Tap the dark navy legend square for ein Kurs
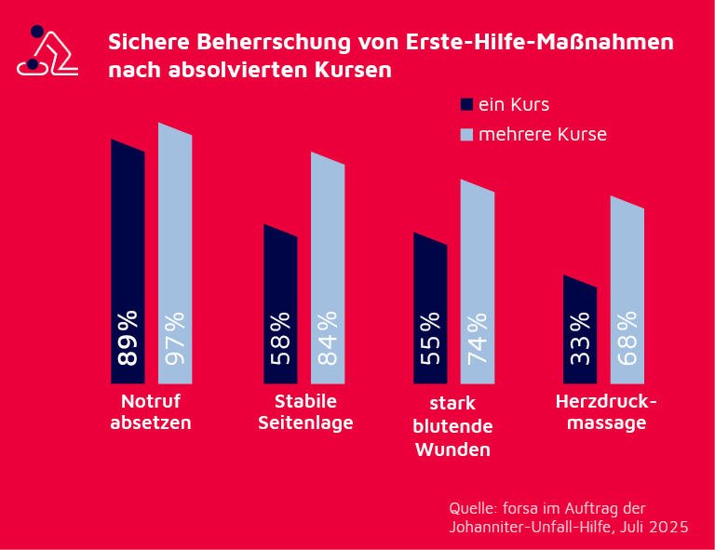pos(467,104)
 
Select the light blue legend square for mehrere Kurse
pos(467,134)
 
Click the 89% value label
pos(128,337)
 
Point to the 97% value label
pos(175,337)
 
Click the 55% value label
pos(430,339)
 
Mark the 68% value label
pos(627,337)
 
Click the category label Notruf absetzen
pos(151,412)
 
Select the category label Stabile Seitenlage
pos(305,412)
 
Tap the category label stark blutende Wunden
pos(453,427)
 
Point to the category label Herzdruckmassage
pos(606,412)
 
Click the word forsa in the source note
pos(523,508)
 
